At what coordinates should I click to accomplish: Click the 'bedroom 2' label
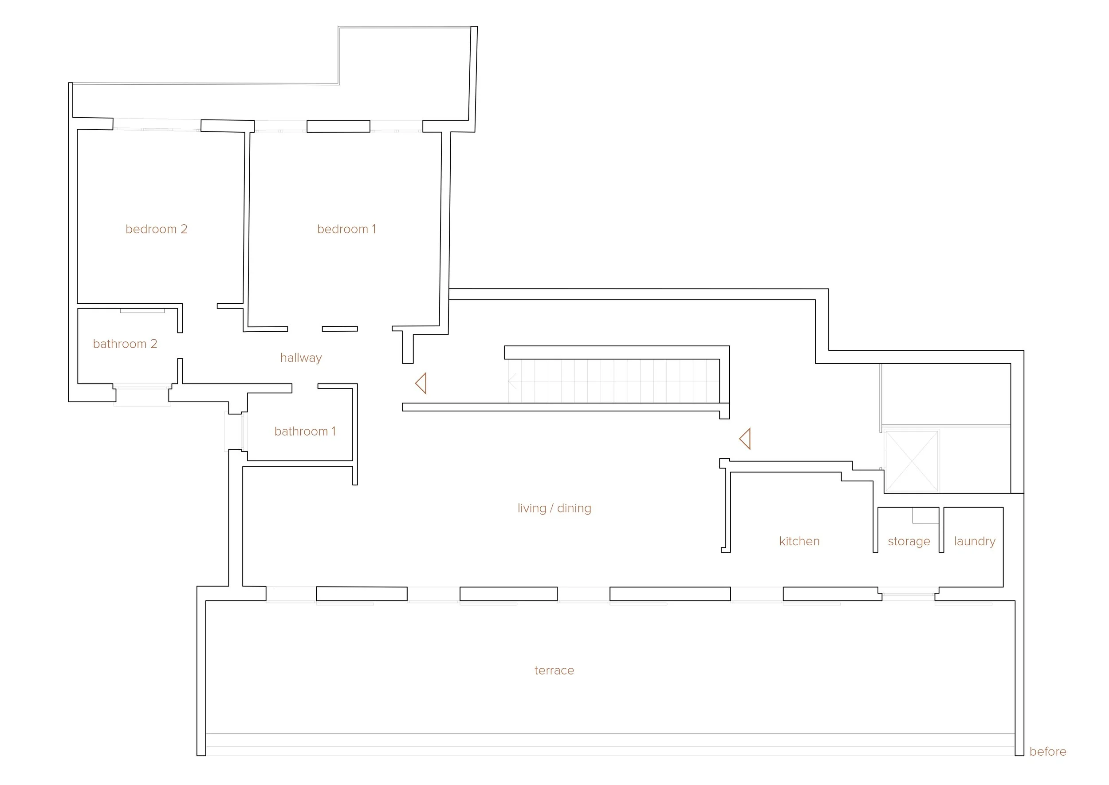click(156, 229)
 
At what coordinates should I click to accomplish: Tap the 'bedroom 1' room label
click(346, 229)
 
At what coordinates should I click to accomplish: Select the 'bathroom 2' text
click(125, 344)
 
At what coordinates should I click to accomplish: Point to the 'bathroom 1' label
click(305, 431)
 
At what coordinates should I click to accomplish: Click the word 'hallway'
click(301, 358)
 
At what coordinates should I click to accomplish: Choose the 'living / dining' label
click(554, 508)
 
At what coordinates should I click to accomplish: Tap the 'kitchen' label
click(799, 541)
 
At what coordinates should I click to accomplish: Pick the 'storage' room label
click(908, 541)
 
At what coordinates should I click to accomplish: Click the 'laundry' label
click(974, 541)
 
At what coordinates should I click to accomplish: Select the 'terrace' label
click(554, 670)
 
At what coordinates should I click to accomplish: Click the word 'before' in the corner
click(1047, 752)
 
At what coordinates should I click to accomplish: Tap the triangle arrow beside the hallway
click(421, 383)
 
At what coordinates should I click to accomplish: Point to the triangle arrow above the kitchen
click(745, 439)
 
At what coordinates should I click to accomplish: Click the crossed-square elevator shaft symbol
click(912, 461)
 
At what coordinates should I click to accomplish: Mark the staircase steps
click(613, 381)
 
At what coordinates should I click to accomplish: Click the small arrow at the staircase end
click(512, 381)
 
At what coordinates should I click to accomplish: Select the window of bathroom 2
click(142, 387)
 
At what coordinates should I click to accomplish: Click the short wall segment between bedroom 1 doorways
click(339, 329)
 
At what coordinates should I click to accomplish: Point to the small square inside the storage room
click(925, 516)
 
